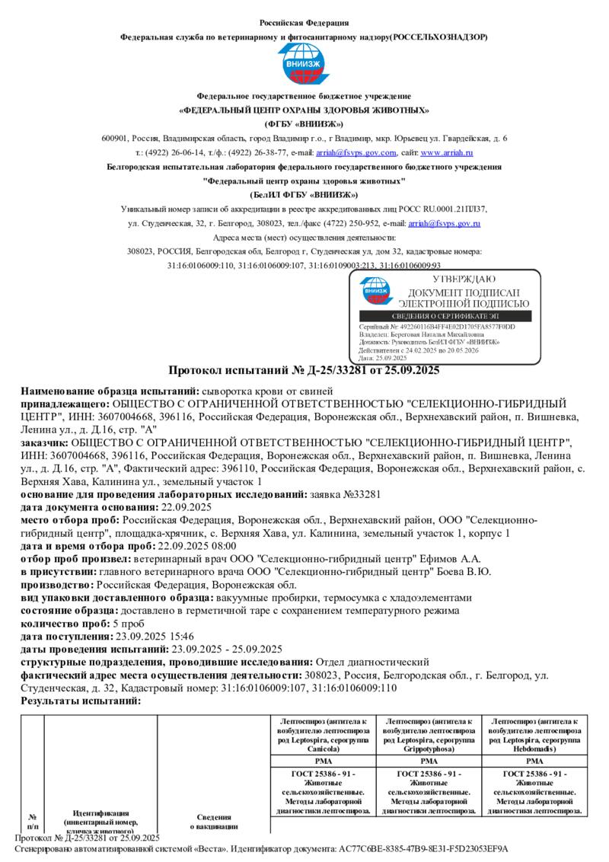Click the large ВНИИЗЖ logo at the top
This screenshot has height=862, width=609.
(304, 65)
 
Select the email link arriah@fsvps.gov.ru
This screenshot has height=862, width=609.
(444, 223)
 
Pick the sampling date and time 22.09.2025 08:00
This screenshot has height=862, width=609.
(196, 545)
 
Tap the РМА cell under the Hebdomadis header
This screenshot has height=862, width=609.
(534, 761)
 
